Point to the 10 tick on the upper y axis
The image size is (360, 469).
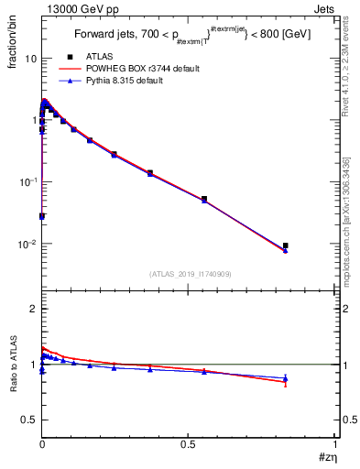tap(28, 58)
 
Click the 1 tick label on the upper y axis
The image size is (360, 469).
tap(32, 120)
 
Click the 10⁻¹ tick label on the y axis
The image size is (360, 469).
tap(26, 181)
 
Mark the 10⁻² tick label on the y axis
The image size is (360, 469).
tap(26, 244)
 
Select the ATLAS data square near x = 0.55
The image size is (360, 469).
tap(204, 199)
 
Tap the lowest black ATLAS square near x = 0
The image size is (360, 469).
tap(42, 216)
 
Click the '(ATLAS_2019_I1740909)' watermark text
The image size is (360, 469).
tap(190, 273)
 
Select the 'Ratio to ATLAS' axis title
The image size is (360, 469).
tap(12, 365)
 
